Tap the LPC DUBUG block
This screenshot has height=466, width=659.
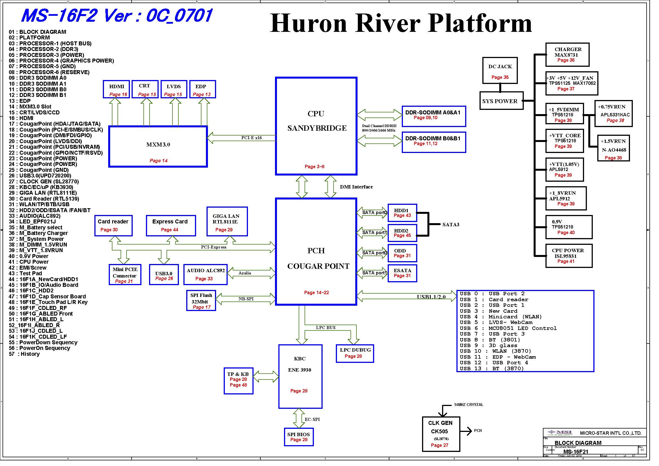click(355, 354)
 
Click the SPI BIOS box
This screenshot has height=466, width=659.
click(299, 437)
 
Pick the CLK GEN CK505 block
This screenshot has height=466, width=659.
click(441, 434)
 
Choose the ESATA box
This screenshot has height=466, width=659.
click(402, 273)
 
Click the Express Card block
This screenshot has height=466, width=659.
click(171, 226)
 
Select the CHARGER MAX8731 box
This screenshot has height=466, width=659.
click(567, 55)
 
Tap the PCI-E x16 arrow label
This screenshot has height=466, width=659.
click(251, 138)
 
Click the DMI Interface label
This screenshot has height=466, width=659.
click(356, 187)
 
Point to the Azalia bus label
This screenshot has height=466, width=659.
click(245, 273)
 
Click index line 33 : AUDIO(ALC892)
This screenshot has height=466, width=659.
click(35, 216)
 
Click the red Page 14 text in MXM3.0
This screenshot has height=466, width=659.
click(158, 161)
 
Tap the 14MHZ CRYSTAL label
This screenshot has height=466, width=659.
click(469, 405)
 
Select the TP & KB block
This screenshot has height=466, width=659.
click(239, 381)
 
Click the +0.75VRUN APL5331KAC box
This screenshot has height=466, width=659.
click(613, 114)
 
